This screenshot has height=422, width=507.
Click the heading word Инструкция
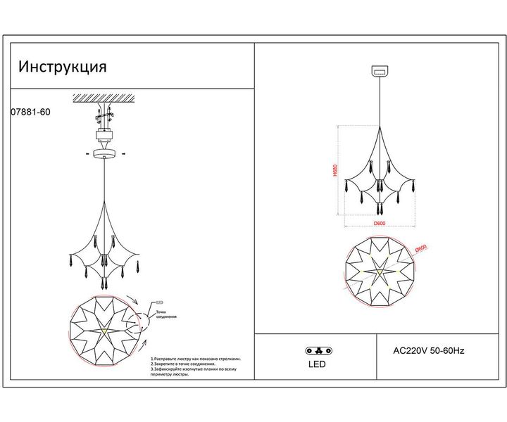coord(63,68)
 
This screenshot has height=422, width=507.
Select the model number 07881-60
coord(31,111)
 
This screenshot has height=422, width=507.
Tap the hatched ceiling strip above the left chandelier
coord(105,96)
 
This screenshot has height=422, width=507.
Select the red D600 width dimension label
coord(380,223)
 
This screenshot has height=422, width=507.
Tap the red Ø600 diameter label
coord(421,248)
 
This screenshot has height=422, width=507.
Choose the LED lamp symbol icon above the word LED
coord(318,350)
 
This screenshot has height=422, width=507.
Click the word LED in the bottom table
coord(318,365)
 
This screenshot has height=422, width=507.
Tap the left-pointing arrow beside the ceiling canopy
coord(87,152)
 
